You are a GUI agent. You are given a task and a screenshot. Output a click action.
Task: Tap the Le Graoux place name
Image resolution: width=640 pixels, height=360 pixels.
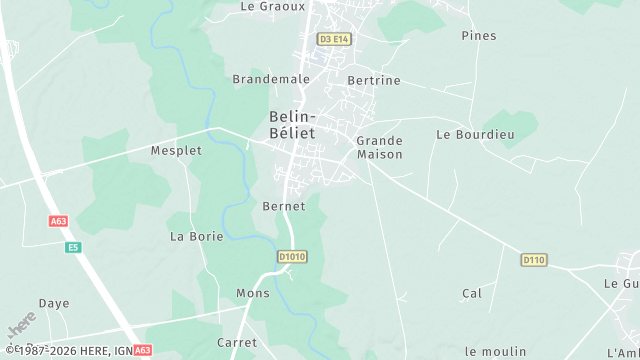[x=272, y=6]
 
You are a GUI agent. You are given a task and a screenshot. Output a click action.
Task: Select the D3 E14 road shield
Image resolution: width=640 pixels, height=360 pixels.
[x=334, y=39]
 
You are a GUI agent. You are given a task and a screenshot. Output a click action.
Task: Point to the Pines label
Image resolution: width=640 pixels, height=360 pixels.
[x=479, y=35]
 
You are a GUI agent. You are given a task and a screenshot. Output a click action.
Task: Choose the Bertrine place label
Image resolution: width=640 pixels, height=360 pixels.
[x=373, y=80]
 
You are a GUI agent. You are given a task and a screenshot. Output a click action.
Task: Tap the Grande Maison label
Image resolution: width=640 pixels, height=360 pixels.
[x=380, y=147]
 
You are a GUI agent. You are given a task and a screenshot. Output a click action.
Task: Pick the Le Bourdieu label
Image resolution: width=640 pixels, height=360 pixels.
[x=474, y=134]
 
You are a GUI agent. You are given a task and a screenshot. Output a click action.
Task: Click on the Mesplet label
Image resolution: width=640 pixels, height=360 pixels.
[x=176, y=151]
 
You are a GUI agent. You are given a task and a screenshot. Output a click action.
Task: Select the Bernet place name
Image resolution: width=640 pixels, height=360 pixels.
[x=283, y=206]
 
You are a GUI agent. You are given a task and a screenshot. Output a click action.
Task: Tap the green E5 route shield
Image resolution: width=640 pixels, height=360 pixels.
[x=72, y=247]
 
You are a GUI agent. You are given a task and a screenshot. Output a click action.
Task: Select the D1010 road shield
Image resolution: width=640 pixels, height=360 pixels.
[x=292, y=257]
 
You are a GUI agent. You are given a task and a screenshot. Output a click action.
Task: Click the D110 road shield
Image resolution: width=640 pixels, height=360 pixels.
[x=534, y=260]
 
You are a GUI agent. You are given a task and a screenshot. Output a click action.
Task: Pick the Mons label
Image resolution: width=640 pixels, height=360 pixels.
[x=253, y=294]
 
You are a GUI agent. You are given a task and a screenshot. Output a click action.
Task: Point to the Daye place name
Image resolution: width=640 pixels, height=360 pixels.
[x=54, y=303]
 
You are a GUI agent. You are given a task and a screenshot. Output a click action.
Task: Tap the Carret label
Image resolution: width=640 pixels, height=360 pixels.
[x=237, y=342]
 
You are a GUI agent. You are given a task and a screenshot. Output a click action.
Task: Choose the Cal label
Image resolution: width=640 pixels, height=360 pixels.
[x=472, y=293]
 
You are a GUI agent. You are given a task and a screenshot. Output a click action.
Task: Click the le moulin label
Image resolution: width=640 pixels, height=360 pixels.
[x=496, y=351]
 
